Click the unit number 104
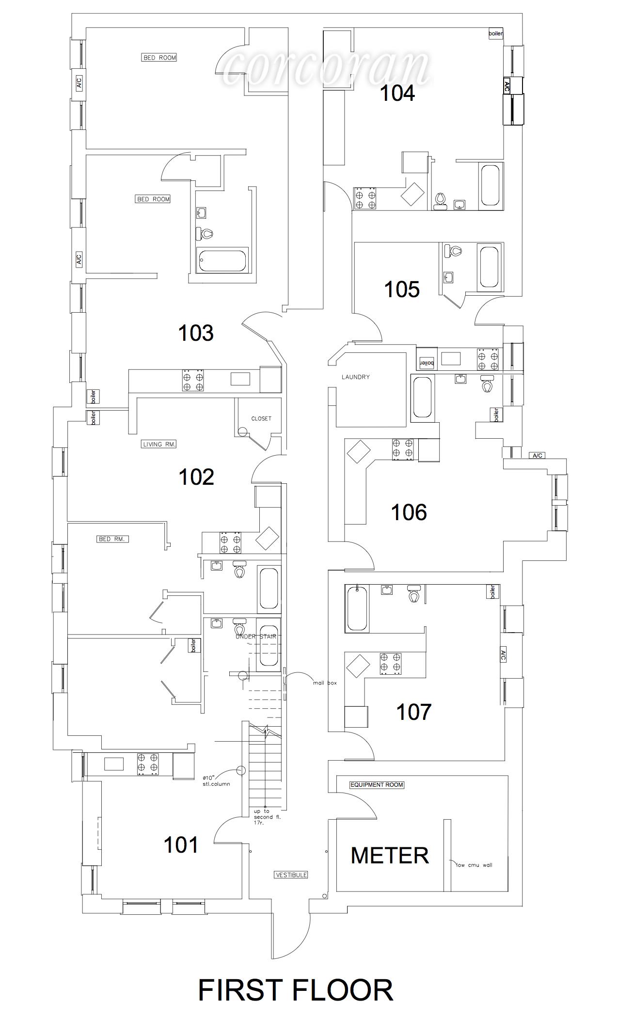(397, 93)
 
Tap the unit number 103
(196, 333)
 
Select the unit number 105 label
(401, 289)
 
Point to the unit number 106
(409, 512)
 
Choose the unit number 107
(413, 712)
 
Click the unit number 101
(181, 845)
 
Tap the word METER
(390, 856)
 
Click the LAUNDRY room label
(355, 377)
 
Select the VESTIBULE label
(291, 875)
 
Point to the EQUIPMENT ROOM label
(377, 784)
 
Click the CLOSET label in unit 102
(261, 418)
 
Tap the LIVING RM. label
(159, 444)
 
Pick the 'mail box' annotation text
(325, 683)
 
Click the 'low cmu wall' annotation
(474, 865)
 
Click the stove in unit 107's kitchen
(391, 663)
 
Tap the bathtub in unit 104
(490, 186)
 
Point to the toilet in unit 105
(455, 252)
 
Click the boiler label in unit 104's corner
(496, 34)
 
